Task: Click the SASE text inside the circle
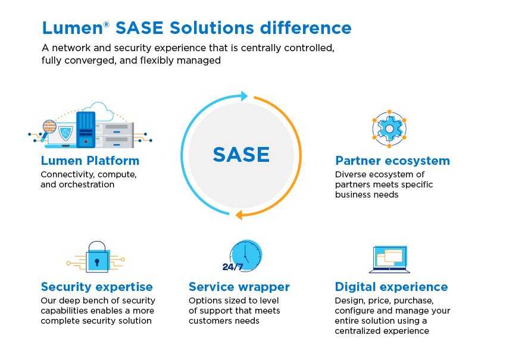click(x=241, y=155)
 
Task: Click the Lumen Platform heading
click(x=90, y=161)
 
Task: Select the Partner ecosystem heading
click(x=392, y=161)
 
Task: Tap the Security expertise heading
click(x=96, y=287)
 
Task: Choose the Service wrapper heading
click(x=239, y=287)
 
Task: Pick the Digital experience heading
click(x=391, y=287)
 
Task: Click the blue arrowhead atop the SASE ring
click(x=243, y=95)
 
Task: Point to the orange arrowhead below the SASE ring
click(x=238, y=215)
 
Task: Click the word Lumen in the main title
click(x=66, y=28)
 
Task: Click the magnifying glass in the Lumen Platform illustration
click(x=49, y=127)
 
